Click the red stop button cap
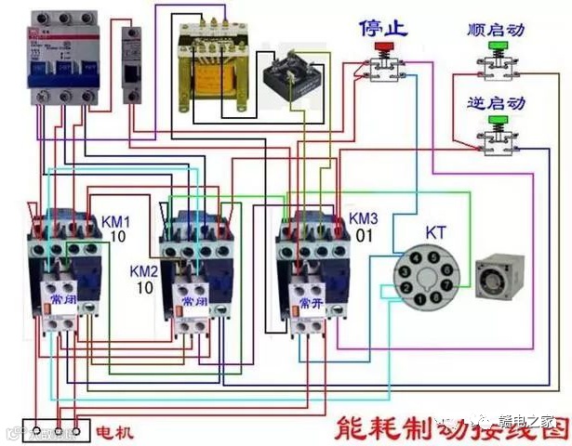click(380, 46)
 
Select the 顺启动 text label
click(497, 31)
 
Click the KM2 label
click(144, 270)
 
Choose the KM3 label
click(364, 218)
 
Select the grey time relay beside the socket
click(501, 275)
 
